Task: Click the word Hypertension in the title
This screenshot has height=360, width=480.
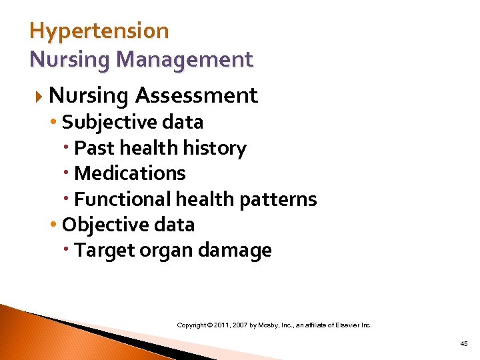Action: [99, 31]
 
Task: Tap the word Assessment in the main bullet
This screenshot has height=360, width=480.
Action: [196, 96]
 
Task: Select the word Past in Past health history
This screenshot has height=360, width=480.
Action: [89, 148]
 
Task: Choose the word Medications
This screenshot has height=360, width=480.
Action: [130, 173]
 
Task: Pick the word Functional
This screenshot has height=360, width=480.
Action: [123, 199]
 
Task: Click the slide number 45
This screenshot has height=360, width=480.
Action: [464, 343]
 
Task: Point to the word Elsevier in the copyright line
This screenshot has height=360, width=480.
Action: [346, 325]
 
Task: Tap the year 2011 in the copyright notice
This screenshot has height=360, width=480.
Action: [221, 325]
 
